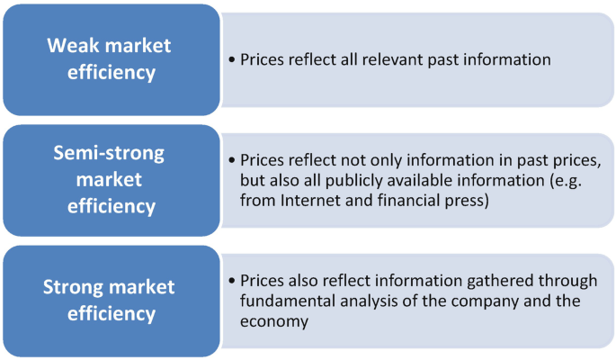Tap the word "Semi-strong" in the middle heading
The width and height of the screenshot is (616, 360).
point(108,153)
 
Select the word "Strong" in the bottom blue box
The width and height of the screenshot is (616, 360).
point(73,288)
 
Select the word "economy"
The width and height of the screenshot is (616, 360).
point(274,319)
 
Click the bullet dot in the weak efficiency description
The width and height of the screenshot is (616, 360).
point(232,60)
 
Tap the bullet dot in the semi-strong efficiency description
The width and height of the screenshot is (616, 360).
point(232,161)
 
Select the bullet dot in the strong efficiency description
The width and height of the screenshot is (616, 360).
point(232,282)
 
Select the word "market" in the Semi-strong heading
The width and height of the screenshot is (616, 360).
point(109,180)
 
